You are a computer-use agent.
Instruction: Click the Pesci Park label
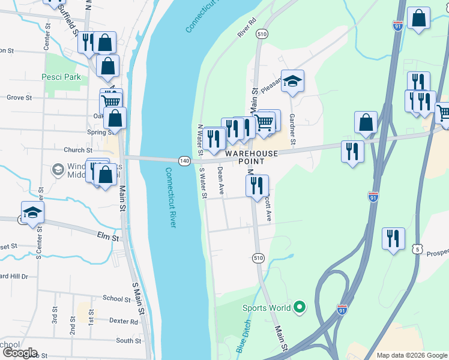[61, 77]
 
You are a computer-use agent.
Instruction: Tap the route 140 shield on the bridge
[184, 161]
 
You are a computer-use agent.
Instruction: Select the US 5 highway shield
[418, 248]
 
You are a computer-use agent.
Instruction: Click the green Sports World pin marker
[301, 308]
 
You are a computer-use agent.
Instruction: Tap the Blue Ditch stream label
[243, 336]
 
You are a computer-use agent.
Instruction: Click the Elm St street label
[108, 237]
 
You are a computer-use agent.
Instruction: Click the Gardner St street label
[292, 130]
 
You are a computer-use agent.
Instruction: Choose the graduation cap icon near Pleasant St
[292, 81]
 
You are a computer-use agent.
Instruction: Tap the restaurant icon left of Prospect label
[393, 239]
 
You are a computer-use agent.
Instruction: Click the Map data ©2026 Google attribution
[411, 355]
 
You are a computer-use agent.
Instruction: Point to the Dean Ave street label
[220, 181]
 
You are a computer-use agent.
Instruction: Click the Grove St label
[19, 97]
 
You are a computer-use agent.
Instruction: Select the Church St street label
[78, 150]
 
